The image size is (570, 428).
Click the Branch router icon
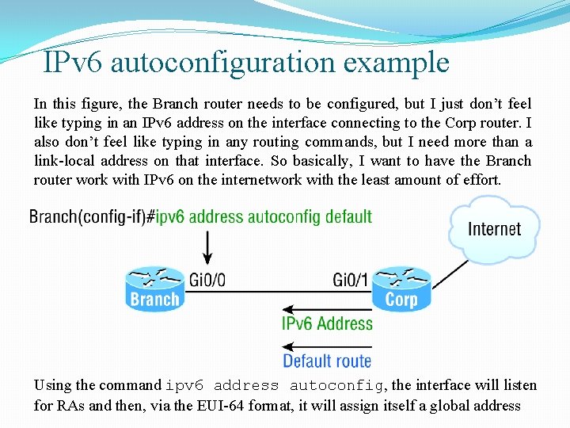(x=154, y=289)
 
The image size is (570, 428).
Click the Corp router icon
(x=401, y=289)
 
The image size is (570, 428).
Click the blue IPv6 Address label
(x=327, y=323)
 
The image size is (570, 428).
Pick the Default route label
(x=327, y=361)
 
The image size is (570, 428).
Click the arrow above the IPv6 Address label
(x=327, y=308)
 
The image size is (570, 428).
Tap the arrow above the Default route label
(x=327, y=346)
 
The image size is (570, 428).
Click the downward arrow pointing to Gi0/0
(x=208, y=246)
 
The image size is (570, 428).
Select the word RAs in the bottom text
(x=69, y=406)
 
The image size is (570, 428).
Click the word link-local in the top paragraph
(x=66, y=161)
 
